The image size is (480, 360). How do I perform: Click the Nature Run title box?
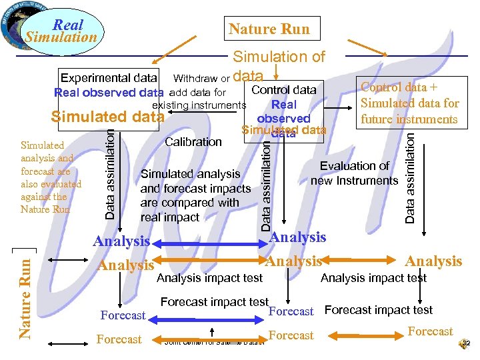tap(269, 29)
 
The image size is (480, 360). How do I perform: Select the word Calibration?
tap(193, 141)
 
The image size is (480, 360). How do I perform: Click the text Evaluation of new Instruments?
tap(354, 173)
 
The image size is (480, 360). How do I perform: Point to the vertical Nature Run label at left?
tap(25, 293)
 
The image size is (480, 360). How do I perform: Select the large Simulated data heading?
tap(107, 117)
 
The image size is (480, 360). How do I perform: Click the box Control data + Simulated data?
tap(409, 103)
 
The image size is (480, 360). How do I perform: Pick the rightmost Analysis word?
tap(433, 261)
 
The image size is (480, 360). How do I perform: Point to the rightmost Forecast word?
tap(430, 331)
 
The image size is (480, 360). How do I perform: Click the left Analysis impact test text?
tap(210, 278)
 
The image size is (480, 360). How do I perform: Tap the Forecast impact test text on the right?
tap(378, 310)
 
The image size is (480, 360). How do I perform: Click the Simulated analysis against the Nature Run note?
tap(51, 177)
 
